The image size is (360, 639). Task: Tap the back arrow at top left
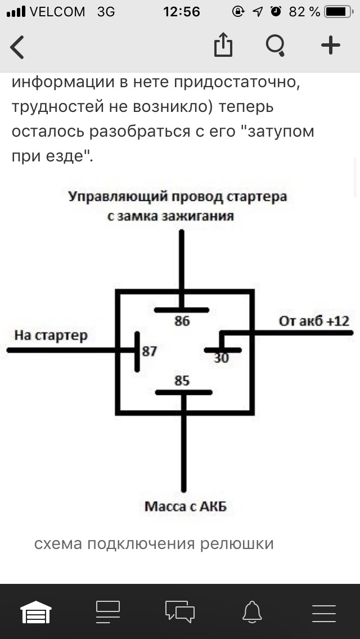pyautogui.click(x=17, y=46)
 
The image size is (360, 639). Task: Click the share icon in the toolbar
pyautogui.click(x=223, y=45)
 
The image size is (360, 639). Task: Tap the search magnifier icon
pyautogui.click(x=276, y=45)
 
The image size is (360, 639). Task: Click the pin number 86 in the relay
pyautogui.click(x=182, y=322)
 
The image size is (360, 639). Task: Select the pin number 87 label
pyautogui.click(x=149, y=352)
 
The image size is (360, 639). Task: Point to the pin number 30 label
pyautogui.click(x=222, y=357)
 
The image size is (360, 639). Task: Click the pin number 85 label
pyautogui.click(x=182, y=381)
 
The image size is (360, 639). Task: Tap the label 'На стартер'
pyautogui.click(x=51, y=336)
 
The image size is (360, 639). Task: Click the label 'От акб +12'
pyautogui.click(x=314, y=321)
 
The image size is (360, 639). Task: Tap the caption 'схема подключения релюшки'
pyautogui.click(x=154, y=544)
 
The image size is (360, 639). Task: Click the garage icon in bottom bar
pyautogui.click(x=36, y=611)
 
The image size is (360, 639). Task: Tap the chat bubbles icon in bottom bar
pyautogui.click(x=180, y=611)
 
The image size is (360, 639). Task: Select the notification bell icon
pyautogui.click(x=252, y=611)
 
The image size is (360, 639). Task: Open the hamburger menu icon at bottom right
pyautogui.click(x=324, y=611)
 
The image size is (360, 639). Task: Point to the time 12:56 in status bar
pyautogui.click(x=181, y=11)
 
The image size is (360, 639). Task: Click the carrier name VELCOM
pyautogui.click(x=57, y=11)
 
